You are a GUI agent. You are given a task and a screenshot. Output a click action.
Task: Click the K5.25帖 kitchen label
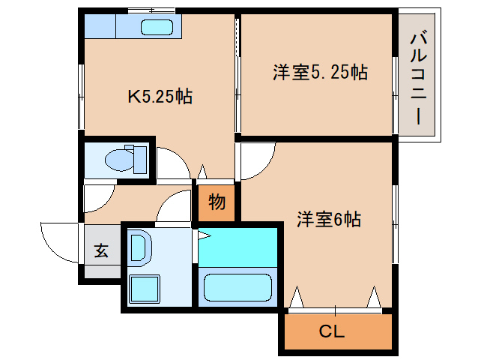pyautogui.click(x=160, y=97)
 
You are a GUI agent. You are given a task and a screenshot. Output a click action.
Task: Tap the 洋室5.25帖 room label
pyautogui.click(x=320, y=72)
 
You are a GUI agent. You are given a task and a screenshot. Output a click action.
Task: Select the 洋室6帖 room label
pyautogui.click(x=329, y=219)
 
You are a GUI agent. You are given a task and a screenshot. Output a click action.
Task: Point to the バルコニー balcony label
pyautogui.click(x=419, y=79)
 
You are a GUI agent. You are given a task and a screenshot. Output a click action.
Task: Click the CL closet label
pyautogui.click(x=332, y=331)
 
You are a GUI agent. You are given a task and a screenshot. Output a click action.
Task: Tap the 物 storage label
pyautogui.click(x=217, y=202)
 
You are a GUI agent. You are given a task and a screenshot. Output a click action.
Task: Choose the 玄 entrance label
pyautogui.click(x=101, y=250)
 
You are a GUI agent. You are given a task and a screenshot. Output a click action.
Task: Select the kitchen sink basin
pyautogui.click(x=157, y=28)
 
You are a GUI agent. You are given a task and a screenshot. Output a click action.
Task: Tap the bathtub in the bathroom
pyautogui.click(x=238, y=288)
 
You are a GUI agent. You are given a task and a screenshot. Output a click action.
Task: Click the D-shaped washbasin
pyautogui.click(x=141, y=247)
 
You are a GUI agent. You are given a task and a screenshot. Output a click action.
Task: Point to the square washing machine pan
pyautogui.click(x=145, y=289)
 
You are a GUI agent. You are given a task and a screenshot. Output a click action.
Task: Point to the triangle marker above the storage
pyautogui.click(x=202, y=172)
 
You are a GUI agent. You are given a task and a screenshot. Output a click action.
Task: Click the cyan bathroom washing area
pyautogui.click(x=238, y=247)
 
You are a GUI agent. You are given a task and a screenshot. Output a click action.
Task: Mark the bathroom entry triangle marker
pyautogui.click(x=205, y=235)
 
